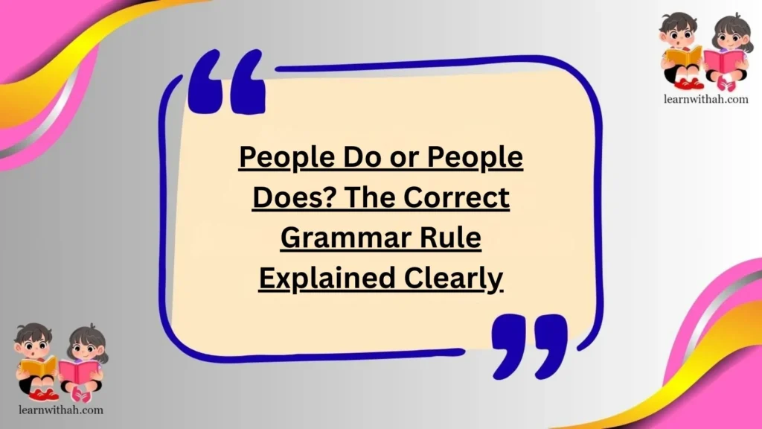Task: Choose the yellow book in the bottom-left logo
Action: point(38,366)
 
